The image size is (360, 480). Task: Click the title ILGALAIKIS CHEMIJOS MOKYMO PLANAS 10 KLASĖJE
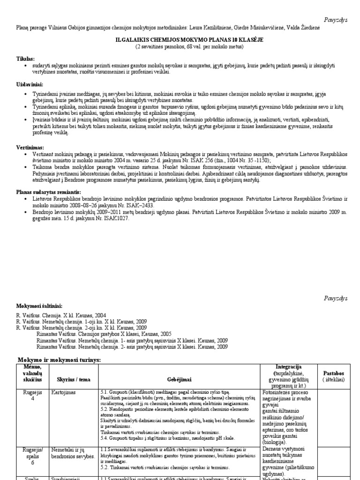tap(180, 40)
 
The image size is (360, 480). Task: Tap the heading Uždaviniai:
tap(30, 84)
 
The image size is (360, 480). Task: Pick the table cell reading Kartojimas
tap(65, 392)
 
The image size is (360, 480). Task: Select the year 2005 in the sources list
tap(164, 334)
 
